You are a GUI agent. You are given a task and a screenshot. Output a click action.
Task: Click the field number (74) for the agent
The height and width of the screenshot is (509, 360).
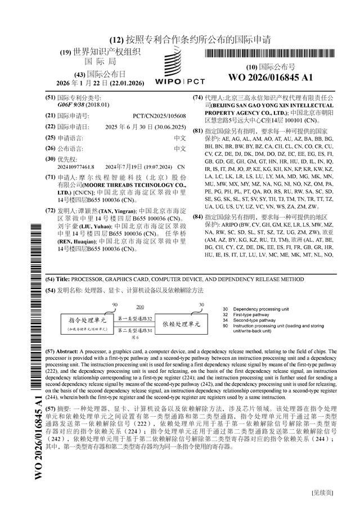197,97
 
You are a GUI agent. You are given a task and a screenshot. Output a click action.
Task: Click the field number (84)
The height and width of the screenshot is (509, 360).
197,216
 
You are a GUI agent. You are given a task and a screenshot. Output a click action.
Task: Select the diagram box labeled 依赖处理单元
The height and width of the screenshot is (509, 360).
181,324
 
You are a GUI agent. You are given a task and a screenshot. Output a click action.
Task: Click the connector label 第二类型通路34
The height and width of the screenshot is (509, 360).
136,330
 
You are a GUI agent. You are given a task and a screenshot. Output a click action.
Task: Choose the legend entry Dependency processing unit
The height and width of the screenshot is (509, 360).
261,309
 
